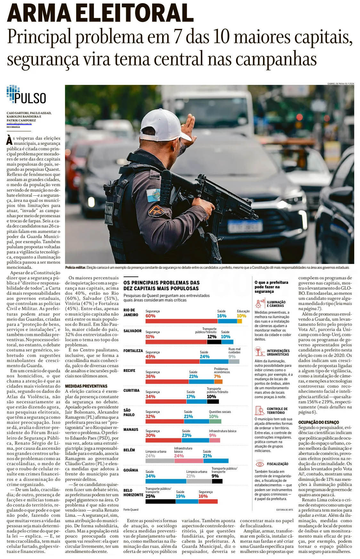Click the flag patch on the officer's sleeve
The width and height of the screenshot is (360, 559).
tap(153, 195)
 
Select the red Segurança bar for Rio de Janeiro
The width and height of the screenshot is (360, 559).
tap(181, 321)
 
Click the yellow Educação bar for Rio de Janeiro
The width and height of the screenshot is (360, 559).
tap(241, 321)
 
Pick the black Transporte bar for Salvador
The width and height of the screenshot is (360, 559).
tap(214, 342)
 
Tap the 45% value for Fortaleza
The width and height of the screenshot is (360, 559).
tap(150, 357)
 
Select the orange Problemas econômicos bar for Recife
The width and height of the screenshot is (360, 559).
tap(218, 382)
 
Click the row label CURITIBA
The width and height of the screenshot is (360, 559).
tap(131, 390)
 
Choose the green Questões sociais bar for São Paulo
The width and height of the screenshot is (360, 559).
tap(215, 421)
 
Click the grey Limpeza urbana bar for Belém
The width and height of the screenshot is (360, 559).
tap(160, 461)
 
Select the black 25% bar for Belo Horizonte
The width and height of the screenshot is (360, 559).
tap(160, 501)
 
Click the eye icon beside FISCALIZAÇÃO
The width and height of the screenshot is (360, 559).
tap(259, 464)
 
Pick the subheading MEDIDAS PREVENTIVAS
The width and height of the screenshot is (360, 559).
tap(86, 386)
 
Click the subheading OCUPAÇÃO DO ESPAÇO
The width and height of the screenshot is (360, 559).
tap(318, 422)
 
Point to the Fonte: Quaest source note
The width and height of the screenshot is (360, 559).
tap(131, 510)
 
